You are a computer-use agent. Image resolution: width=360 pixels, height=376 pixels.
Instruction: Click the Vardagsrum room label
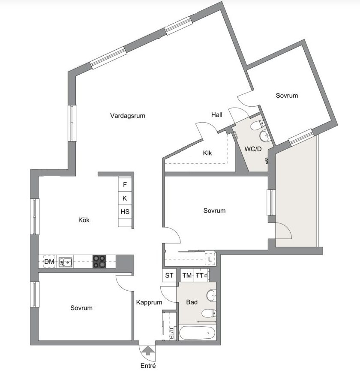[x=128, y=116]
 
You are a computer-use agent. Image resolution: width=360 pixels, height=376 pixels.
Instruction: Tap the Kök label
[x=84, y=220]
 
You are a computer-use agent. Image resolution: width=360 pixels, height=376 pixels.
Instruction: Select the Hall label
[x=217, y=114]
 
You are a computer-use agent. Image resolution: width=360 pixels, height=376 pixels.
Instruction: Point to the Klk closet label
[x=207, y=153]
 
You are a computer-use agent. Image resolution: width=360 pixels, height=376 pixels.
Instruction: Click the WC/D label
[x=253, y=149]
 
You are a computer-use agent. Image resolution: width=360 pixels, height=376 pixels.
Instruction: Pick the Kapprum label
[x=149, y=302]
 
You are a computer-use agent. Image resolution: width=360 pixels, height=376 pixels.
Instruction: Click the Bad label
[x=192, y=302]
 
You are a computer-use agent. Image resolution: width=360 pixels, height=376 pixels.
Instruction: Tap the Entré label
[x=148, y=366]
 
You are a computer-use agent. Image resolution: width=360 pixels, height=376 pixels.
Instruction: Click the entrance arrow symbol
[x=148, y=350]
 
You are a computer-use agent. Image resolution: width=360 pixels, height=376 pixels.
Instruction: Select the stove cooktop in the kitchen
[x=100, y=262]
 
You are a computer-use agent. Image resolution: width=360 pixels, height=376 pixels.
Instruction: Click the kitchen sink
[x=66, y=262]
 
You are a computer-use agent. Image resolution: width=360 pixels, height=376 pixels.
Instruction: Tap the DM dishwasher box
[x=49, y=262]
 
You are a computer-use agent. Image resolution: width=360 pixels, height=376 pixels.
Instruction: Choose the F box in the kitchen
[x=125, y=185]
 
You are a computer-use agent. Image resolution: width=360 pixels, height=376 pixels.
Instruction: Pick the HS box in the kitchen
[x=125, y=212]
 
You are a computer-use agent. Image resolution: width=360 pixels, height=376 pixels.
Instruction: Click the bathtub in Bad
[x=196, y=333]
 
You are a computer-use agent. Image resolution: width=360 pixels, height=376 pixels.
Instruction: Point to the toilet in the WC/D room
[x=258, y=125]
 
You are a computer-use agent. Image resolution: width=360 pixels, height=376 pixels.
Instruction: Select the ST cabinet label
[x=169, y=276]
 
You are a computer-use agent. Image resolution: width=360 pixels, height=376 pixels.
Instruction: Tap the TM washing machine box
[x=187, y=276]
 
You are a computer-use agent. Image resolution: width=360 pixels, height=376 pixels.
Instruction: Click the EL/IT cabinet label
[x=171, y=333]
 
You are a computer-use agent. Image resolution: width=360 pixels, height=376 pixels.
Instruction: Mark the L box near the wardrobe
[x=210, y=259]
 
